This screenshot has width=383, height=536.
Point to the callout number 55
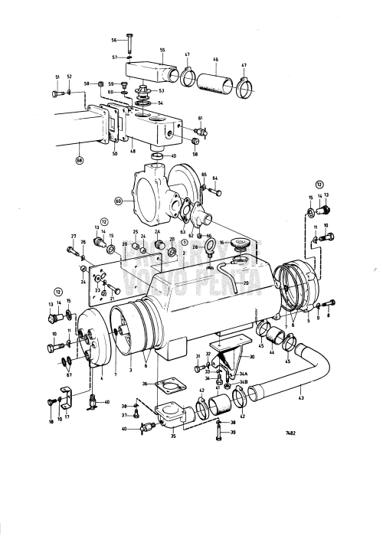click(162, 50)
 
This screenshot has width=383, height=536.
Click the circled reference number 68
click(79, 160)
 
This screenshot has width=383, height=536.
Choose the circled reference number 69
click(118, 201)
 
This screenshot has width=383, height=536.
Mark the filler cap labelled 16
click(242, 246)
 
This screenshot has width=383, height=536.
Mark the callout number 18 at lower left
click(51, 420)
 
